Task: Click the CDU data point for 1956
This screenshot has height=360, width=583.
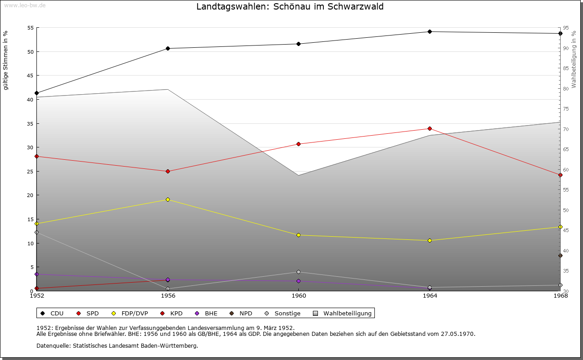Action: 168,48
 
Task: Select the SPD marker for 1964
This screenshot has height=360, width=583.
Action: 430,128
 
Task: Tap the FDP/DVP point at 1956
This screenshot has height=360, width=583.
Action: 168,199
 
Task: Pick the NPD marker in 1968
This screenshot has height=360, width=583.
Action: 560,255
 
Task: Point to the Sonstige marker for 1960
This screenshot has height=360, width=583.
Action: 298,272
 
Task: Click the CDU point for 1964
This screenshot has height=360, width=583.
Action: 430,31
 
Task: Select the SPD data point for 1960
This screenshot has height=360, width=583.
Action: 298,144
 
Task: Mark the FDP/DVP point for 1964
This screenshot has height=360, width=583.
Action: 430,240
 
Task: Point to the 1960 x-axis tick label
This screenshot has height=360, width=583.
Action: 298,296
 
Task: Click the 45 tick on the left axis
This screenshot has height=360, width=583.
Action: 31,76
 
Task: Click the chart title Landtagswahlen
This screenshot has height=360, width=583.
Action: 290,7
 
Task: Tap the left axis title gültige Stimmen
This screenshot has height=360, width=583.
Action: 5,60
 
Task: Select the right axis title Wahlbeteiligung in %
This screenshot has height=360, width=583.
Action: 574,59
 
